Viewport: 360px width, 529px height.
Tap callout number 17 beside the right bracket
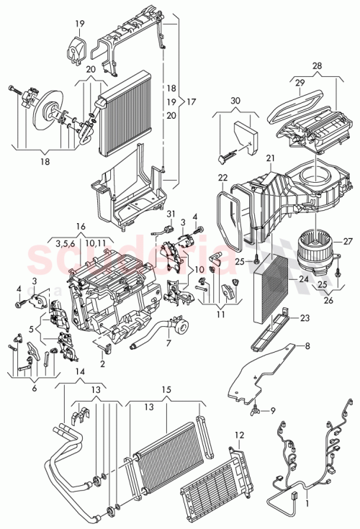(192, 101)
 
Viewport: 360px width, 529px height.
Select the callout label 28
(317, 67)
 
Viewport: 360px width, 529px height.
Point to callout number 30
(235, 102)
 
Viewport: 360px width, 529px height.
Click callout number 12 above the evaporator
(240, 435)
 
